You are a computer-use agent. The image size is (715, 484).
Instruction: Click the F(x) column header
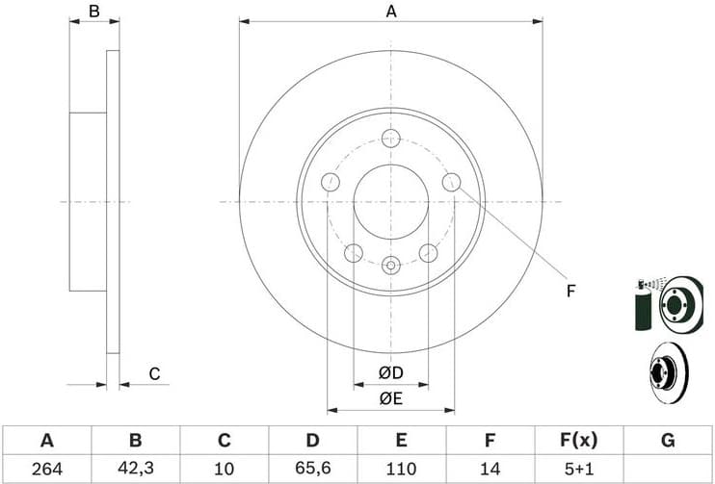pos(578,441)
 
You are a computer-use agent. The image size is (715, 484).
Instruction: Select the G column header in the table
pos(667,441)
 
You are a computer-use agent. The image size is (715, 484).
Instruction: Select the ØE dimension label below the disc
pos(390,397)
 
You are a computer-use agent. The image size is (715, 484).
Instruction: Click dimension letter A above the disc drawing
pos(391,12)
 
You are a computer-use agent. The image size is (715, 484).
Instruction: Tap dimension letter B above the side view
pos(93,12)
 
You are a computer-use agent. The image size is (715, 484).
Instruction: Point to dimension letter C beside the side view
pos(152,373)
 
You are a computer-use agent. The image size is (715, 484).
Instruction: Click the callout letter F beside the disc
pos(570,291)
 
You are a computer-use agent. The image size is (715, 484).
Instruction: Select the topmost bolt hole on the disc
pos(390,138)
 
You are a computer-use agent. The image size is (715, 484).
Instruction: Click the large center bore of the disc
pos(390,202)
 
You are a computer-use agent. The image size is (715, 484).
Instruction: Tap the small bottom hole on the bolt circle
pos(390,266)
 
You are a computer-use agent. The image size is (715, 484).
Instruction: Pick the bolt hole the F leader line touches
pos(451,182)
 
